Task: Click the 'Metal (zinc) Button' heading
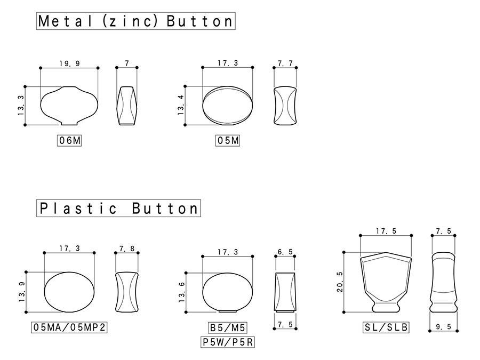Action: click(x=135, y=21)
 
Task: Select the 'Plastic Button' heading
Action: click(x=118, y=208)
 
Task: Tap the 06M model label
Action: click(x=69, y=140)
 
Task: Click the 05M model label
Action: click(x=227, y=140)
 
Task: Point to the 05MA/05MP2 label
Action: click(x=69, y=327)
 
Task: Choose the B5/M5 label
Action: click(x=227, y=327)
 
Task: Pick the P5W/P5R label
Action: click(x=227, y=342)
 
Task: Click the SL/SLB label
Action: click(x=386, y=327)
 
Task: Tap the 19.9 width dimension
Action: click(x=69, y=63)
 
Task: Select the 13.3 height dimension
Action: click(x=21, y=106)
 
